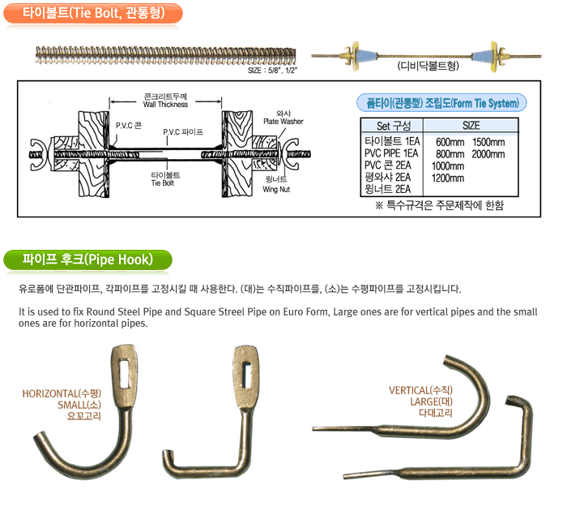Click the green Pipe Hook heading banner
[89, 260]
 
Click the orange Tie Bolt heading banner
[92, 14]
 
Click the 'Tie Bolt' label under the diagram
[165, 179]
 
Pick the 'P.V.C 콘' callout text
[129, 126]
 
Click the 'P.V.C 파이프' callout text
[182, 131]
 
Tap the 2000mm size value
[488, 154]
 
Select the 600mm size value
[450, 142]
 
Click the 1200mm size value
[448, 178]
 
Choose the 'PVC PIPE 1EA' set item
[392, 154]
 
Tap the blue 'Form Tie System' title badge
[441, 102]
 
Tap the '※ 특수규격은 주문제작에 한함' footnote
[439, 205]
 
